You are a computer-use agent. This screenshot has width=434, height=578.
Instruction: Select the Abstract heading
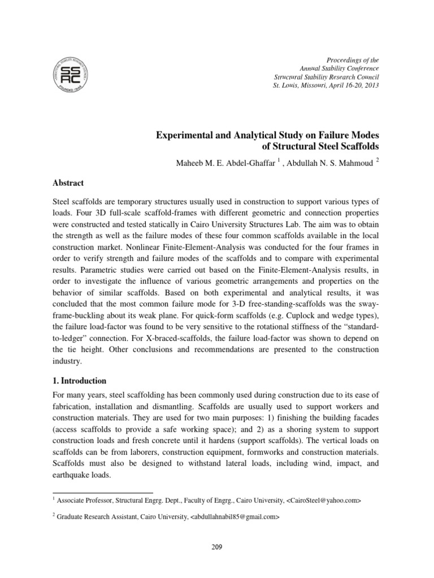point(68,183)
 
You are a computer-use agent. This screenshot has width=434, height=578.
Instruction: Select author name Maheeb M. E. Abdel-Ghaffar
point(223,164)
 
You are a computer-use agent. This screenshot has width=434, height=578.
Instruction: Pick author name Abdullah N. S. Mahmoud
point(328,164)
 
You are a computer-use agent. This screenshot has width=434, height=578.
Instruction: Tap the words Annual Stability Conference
point(339,68)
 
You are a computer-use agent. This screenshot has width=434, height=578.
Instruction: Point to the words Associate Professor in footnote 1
point(85,501)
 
